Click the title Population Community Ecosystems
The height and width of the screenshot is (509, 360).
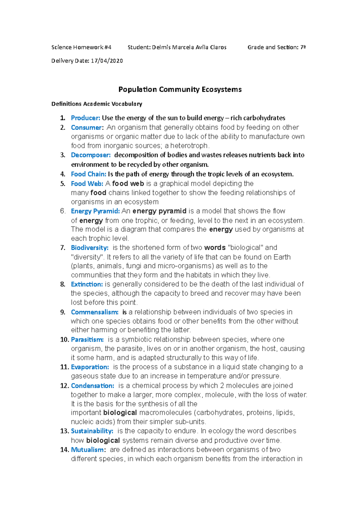tap(180, 89)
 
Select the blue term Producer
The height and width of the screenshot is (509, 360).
tap(85, 118)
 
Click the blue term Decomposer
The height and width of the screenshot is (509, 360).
tap(91, 155)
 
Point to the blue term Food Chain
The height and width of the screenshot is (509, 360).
tap(88, 174)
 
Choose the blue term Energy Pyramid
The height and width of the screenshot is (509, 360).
tap(95, 211)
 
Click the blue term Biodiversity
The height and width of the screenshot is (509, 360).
tap(89, 248)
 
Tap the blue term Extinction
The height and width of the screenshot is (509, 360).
tap(87, 284)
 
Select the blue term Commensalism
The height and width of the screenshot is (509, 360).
tap(94, 312)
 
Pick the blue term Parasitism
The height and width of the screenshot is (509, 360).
tap(87, 340)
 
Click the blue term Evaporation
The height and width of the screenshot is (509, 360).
tap(90, 367)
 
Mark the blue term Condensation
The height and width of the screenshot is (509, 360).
tap(92, 386)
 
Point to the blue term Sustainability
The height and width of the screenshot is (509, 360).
tap(92, 431)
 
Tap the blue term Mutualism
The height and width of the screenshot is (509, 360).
tap(88, 450)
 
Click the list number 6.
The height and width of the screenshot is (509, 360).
tap(62, 211)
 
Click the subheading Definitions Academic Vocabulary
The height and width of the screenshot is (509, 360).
tap(97, 104)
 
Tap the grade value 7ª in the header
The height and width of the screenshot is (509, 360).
tap(303, 47)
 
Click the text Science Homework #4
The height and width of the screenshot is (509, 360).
tap(81, 47)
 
